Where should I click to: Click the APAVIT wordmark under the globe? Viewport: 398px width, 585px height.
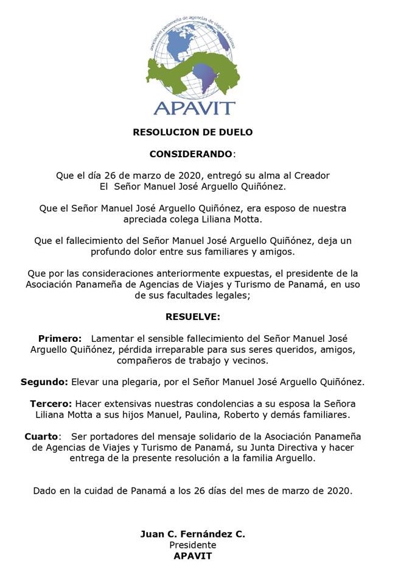(x=194, y=108)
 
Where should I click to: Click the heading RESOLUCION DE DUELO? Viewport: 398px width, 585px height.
(x=192, y=132)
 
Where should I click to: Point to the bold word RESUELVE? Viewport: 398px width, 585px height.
(x=192, y=316)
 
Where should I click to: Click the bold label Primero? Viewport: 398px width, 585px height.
(x=60, y=338)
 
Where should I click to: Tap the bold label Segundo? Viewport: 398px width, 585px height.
(x=44, y=382)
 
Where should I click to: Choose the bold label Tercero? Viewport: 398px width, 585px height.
(x=51, y=404)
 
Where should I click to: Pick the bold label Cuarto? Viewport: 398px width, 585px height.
(x=42, y=436)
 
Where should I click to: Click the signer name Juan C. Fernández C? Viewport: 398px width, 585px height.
(x=192, y=534)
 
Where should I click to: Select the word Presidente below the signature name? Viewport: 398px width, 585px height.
(x=192, y=545)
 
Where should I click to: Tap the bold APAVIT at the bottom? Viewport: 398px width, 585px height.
(x=192, y=556)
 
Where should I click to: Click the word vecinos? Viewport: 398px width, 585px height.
(x=250, y=360)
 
